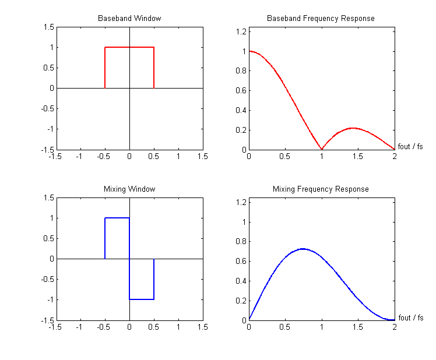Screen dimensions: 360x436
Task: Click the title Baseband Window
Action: (129, 19)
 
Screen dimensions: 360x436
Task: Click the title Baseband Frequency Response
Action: (321, 19)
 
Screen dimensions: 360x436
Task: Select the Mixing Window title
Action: (129, 189)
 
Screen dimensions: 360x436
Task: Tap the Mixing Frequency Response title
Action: (321, 189)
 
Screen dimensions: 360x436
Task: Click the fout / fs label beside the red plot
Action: (410, 147)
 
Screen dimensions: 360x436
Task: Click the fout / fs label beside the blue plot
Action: (410, 317)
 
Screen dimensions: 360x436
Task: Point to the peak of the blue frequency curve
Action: (303, 249)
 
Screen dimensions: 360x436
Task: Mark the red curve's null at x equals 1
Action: (322, 149)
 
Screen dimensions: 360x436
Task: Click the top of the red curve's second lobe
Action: (353, 128)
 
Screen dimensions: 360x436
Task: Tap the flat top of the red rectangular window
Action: (129, 47)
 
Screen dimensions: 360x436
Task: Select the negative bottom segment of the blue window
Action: (142, 299)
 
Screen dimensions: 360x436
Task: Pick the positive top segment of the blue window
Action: (117, 218)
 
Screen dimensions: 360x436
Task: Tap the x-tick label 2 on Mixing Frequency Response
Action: (395, 327)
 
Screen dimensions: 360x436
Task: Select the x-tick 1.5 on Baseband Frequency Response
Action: (358, 156)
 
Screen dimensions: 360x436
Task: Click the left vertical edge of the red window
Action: (105, 68)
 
